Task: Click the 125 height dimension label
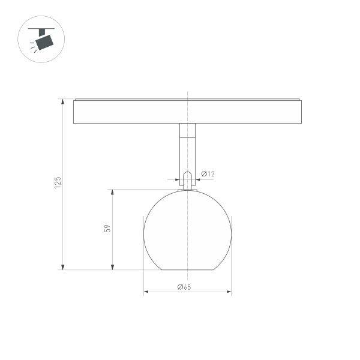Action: [58, 183]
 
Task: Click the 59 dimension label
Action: [107, 229]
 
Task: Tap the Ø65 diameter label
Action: [184, 287]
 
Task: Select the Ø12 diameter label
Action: [208, 174]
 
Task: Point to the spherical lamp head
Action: [187, 231]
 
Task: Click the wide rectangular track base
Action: [187, 112]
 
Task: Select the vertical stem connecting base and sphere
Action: [187, 150]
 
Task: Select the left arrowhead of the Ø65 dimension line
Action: [146, 292]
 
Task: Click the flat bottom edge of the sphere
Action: [187, 269]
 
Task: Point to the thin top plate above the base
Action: [187, 99]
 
